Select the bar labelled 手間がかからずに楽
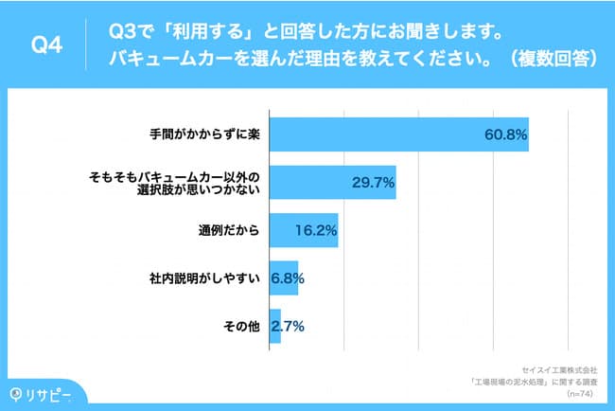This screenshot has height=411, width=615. point(397,134)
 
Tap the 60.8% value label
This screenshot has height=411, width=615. point(504,134)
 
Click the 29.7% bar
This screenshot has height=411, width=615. point(331,182)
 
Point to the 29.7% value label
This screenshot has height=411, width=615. point(373,182)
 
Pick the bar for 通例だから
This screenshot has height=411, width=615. point(303,230)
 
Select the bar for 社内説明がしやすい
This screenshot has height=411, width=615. point(283,278)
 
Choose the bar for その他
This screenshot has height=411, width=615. point(274,327)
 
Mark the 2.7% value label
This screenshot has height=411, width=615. point(287,327)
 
